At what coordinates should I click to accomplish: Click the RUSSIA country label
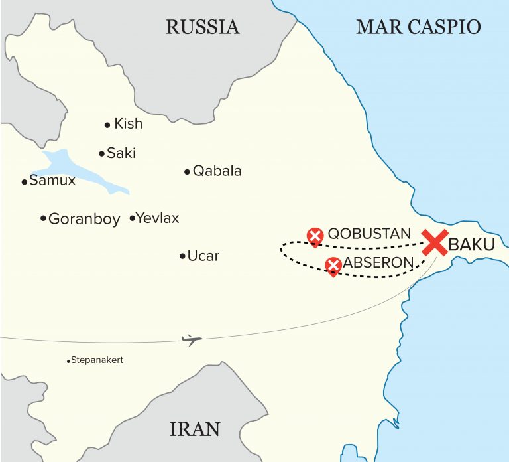[x=202, y=27]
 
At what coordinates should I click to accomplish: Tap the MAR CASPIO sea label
[x=418, y=27]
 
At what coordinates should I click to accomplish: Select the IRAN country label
[x=195, y=429]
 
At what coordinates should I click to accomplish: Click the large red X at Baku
[x=435, y=243]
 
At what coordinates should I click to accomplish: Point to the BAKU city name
[x=472, y=245]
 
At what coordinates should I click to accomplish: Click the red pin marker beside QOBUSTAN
[x=315, y=236]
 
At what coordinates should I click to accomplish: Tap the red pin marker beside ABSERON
[x=333, y=266]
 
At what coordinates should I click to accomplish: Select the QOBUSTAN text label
[x=369, y=234]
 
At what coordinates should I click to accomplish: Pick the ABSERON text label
[x=378, y=263]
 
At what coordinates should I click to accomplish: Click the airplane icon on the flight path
[x=192, y=341]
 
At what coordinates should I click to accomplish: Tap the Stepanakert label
[x=98, y=360]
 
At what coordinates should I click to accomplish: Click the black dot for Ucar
[x=182, y=256]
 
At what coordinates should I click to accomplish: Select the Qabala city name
[x=217, y=171]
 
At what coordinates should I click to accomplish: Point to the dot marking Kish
[x=107, y=125]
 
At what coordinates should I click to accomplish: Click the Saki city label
[x=121, y=153]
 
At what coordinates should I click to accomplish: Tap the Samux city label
[x=52, y=181]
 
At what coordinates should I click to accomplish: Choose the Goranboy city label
[x=84, y=218]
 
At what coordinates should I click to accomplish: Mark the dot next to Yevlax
[x=133, y=218]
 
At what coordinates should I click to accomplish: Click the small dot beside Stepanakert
[x=69, y=361]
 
